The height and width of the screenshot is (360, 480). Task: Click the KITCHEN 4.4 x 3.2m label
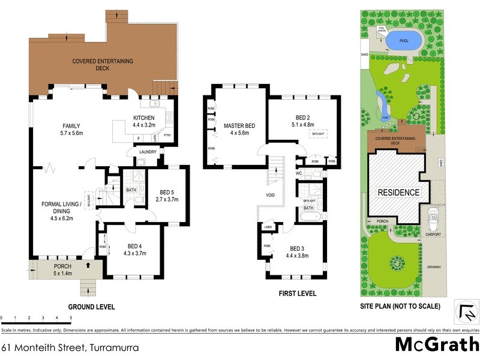tap(144, 121)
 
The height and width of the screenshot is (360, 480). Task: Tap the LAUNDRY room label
tap(148, 152)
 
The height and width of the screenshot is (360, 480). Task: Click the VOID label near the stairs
tap(271, 195)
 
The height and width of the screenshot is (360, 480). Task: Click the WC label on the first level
tap(298, 173)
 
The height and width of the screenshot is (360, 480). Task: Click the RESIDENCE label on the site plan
tap(398, 193)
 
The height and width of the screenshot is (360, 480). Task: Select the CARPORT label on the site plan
tap(433, 235)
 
